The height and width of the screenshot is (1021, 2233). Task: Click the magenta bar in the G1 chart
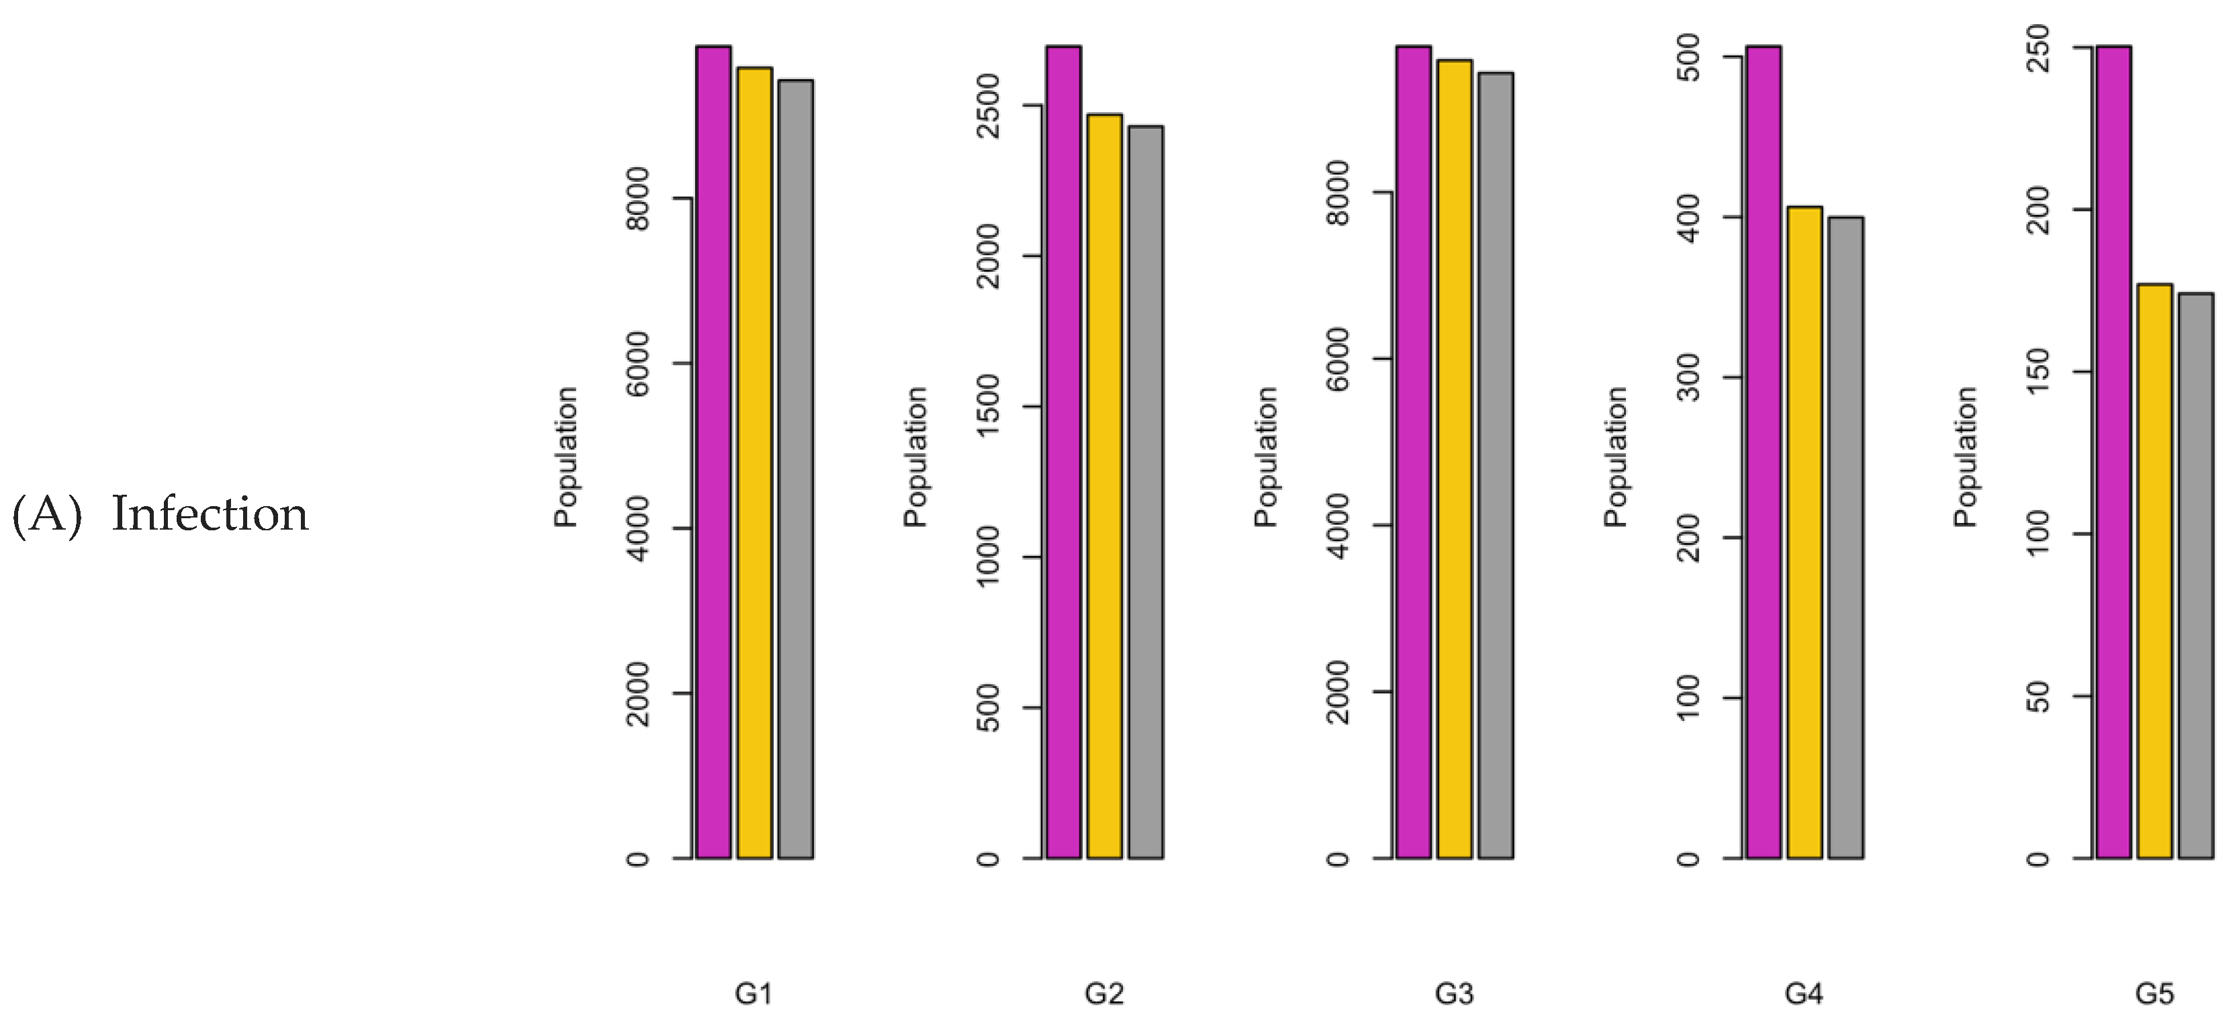[x=713, y=450]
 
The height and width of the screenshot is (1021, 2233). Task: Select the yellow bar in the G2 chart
[x=1104, y=485]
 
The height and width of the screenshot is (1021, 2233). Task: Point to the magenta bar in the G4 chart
[x=1763, y=450]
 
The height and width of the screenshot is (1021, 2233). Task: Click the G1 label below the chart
[x=754, y=993]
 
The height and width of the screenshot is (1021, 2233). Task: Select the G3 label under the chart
[x=1454, y=993]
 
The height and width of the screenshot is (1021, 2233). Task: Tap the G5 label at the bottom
[x=2154, y=993]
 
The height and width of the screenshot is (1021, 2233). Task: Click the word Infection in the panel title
[x=210, y=514]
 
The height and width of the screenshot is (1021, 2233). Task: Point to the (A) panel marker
[x=47, y=514]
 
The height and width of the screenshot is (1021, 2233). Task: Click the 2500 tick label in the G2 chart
[x=987, y=106]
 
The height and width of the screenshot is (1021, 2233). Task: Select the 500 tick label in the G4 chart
[x=1688, y=57]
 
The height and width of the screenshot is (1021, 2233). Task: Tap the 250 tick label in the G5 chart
[x=2039, y=48]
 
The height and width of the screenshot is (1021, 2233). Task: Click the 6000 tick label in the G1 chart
[x=637, y=363]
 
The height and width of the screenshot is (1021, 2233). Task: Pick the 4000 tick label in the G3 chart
[x=1338, y=525]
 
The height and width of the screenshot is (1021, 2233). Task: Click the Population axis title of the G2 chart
[x=915, y=456]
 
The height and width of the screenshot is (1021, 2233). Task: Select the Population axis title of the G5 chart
[x=1965, y=456]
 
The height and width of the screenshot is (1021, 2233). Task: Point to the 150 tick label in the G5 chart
[x=2039, y=371]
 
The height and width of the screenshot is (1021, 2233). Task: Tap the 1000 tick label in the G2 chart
[x=987, y=556]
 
